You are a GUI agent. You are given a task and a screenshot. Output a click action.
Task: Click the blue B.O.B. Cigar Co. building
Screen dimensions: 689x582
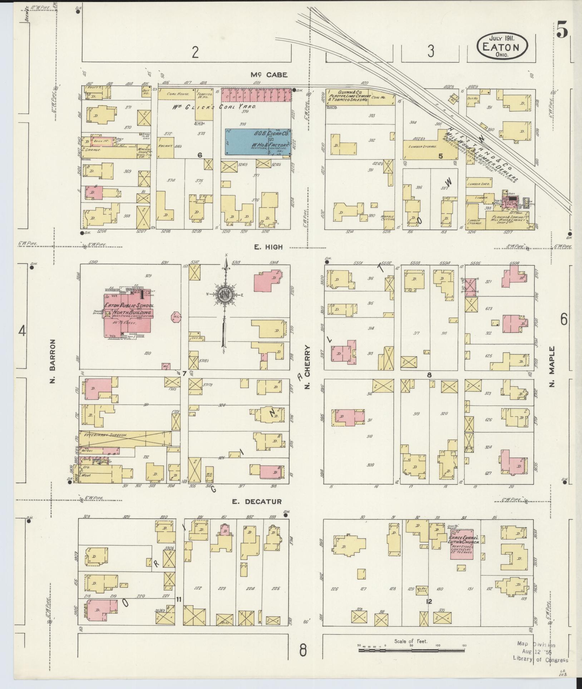pos(257,142)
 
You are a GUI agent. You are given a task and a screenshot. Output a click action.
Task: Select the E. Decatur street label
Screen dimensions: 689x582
pos(257,502)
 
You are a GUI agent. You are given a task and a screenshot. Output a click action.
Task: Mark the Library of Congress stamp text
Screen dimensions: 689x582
pos(540,660)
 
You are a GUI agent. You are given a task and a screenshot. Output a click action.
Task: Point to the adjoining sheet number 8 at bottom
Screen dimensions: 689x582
pos(303,651)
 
